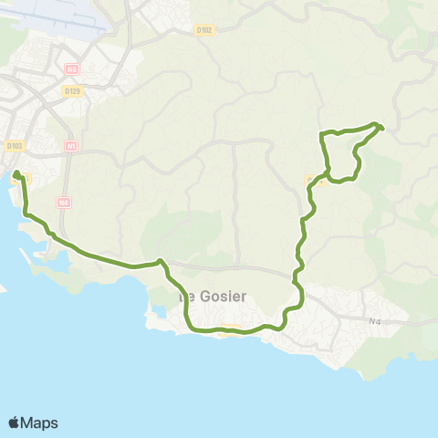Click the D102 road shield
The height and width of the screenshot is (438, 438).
(203, 29)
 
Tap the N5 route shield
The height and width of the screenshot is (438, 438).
(72, 69)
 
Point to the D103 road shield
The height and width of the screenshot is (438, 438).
(14, 145)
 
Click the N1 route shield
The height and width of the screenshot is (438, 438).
(72, 146)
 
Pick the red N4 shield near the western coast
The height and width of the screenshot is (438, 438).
(63, 203)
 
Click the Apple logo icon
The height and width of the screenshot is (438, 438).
(15, 422)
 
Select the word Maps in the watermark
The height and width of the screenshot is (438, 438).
(40, 422)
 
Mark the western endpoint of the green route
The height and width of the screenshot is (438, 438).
(16, 172)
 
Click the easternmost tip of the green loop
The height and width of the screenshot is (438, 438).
(381, 128)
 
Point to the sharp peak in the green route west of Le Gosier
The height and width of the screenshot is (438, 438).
(161, 261)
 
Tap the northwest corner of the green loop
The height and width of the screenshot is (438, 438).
(321, 135)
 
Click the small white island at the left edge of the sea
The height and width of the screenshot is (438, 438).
(3, 291)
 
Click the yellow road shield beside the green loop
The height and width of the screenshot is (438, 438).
(313, 180)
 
